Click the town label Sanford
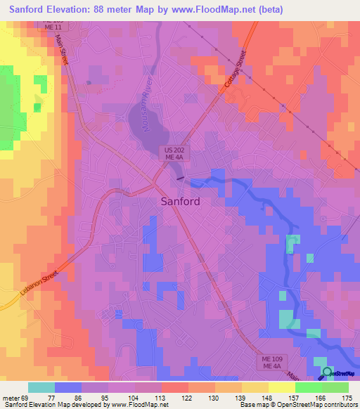(x=176, y=201)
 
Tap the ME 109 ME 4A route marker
(x=267, y=362)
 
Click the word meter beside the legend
(x=11, y=396)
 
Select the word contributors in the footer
(x=336, y=405)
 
